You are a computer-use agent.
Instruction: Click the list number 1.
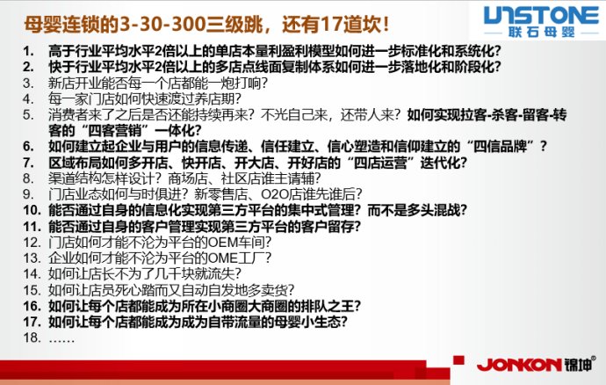point(29,52)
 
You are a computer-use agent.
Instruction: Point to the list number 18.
point(32,337)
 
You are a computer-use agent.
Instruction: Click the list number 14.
point(32,273)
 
